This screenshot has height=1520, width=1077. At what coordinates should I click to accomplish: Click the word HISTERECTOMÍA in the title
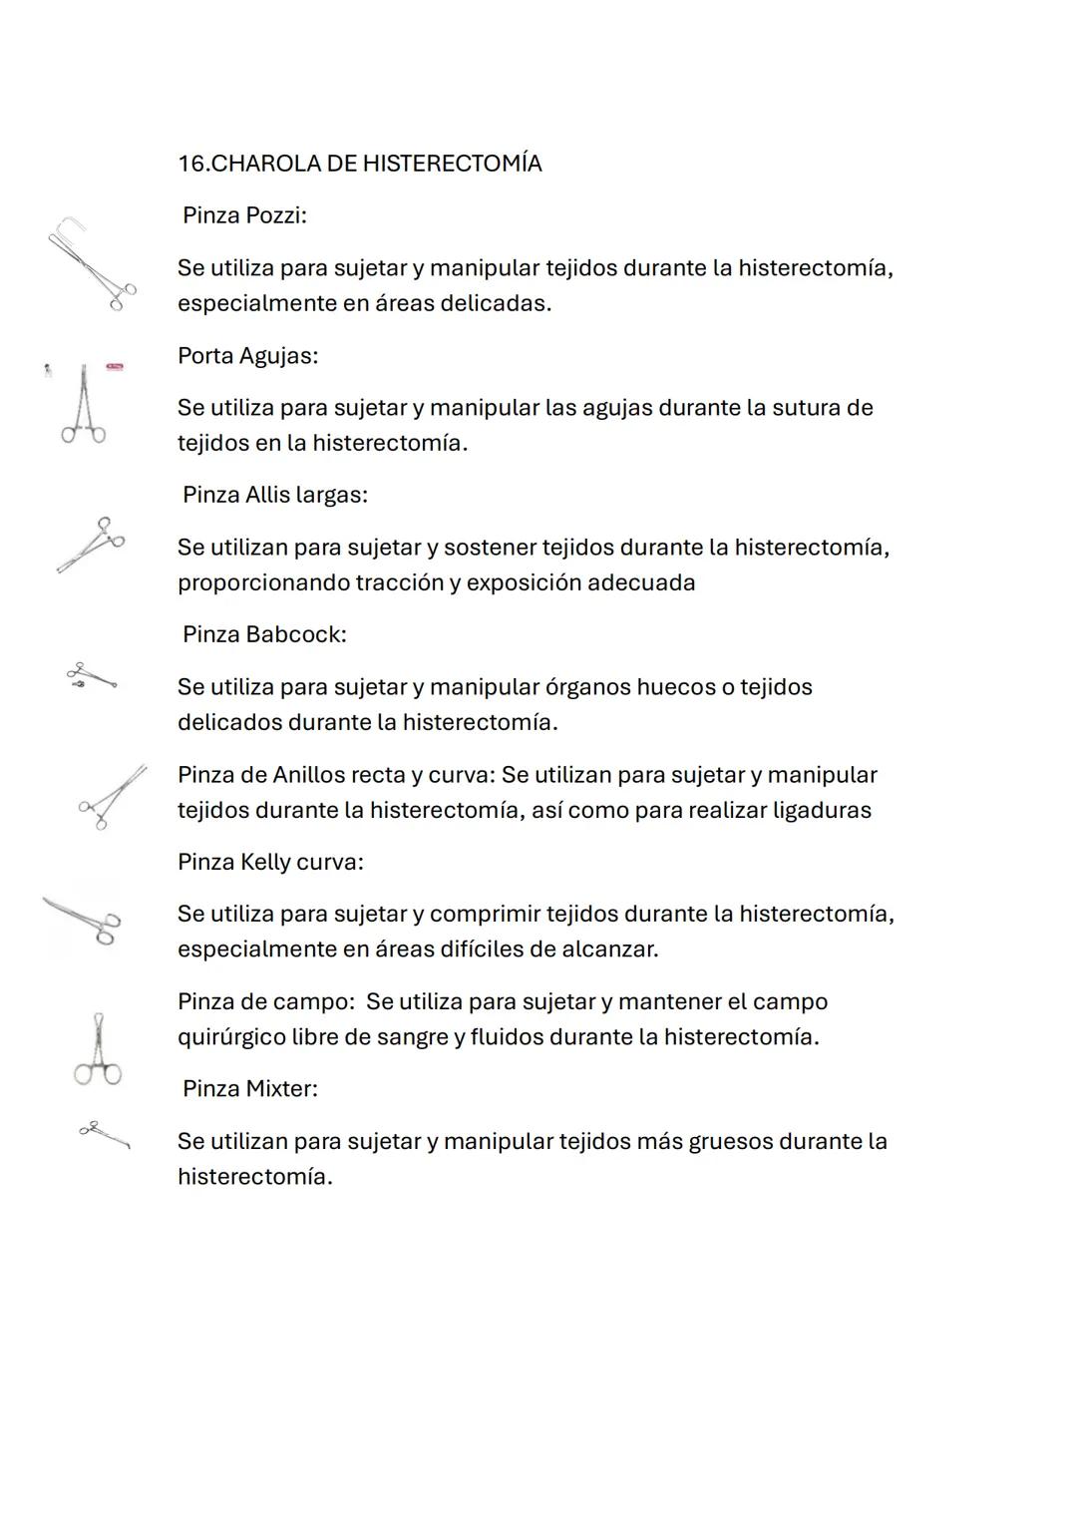[x=452, y=164]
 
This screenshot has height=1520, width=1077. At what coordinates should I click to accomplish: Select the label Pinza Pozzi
[x=244, y=215]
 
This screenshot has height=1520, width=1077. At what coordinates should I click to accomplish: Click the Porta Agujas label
[x=247, y=356]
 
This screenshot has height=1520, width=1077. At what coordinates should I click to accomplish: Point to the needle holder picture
[x=84, y=405]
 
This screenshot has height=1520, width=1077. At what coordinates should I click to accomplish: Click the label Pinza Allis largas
[x=274, y=496]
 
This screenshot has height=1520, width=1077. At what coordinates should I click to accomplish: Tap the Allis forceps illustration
[x=91, y=545]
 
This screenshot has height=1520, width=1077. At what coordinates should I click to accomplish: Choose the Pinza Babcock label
[x=264, y=635]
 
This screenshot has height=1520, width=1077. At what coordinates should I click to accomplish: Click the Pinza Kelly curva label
[x=270, y=863]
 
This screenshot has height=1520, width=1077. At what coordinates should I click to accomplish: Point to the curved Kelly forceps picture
[x=83, y=919]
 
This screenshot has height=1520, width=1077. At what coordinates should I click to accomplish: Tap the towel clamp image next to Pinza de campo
[x=98, y=1048]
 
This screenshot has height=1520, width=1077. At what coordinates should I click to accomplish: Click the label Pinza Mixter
[x=250, y=1089]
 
